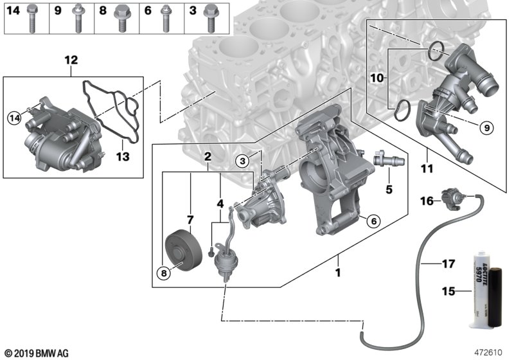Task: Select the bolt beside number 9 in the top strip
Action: click(77, 18)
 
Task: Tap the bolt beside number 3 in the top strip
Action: click(209, 18)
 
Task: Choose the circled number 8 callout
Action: click(163, 273)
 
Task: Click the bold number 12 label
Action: click(71, 60)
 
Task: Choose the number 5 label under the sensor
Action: click(388, 190)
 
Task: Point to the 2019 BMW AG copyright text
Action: click(36, 352)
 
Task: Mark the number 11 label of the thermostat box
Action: click(427, 169)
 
